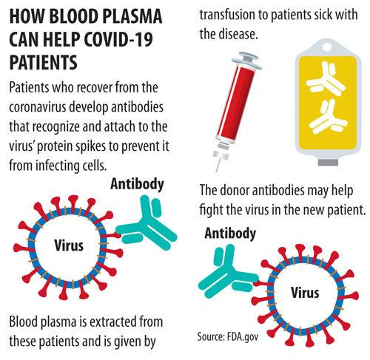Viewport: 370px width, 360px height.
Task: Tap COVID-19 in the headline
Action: pos(118,39)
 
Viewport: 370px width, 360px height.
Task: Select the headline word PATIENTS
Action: pos(44,61)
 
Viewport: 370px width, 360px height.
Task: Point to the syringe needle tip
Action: pos(217,171)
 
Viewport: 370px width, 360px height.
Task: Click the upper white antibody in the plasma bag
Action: pos(325,78)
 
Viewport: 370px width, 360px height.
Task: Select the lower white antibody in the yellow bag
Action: pos(328,117)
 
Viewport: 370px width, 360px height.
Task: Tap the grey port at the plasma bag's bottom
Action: pos(328,162)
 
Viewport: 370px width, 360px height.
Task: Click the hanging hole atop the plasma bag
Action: pos(328,47)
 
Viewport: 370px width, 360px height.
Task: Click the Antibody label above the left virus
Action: pos(137,184)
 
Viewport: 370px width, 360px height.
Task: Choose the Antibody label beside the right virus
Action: pos(230,233)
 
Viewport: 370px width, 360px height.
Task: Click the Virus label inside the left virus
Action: pos(69,245)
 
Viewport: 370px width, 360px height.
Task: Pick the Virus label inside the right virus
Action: pos(305,293)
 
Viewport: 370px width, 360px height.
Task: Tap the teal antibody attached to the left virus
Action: pos(146,224)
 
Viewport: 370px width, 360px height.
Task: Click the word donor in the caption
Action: pos(235,191)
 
